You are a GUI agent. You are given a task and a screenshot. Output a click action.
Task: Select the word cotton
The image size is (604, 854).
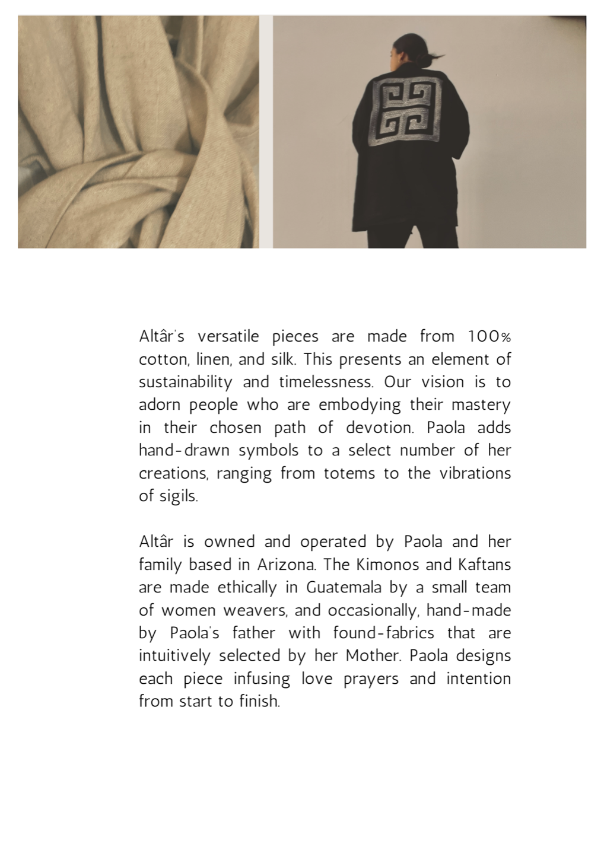click(x=159, y=360)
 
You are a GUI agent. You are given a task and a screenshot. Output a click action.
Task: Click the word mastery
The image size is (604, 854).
click(x=481, y=405)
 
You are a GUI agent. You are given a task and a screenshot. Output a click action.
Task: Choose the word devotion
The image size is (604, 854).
click(x=380, y=428)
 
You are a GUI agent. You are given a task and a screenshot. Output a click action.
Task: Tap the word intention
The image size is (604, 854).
click(x=478, y=678)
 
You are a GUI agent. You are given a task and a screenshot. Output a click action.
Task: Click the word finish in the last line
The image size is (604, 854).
click(x=259, y=702)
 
